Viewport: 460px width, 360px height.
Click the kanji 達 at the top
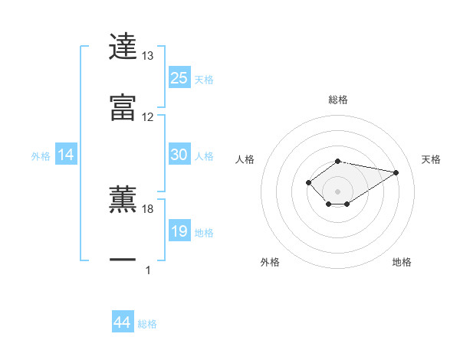123,47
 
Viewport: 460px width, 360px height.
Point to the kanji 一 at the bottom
123,260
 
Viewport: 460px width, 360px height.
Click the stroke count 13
147,56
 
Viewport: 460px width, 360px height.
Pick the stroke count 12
147,117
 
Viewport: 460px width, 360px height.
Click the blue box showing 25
179,77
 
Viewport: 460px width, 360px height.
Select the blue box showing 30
179,154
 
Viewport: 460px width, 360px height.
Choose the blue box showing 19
179,231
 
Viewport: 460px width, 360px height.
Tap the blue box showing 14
66,155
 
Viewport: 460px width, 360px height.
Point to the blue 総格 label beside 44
147,324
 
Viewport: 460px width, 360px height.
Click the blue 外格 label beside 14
41,156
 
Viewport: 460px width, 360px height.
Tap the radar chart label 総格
338,100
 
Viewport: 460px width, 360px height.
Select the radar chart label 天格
432,159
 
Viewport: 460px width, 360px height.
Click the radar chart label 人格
245,159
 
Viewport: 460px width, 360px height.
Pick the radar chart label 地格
402,262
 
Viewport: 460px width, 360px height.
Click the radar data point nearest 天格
396,172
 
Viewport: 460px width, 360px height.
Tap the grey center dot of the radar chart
337,191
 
